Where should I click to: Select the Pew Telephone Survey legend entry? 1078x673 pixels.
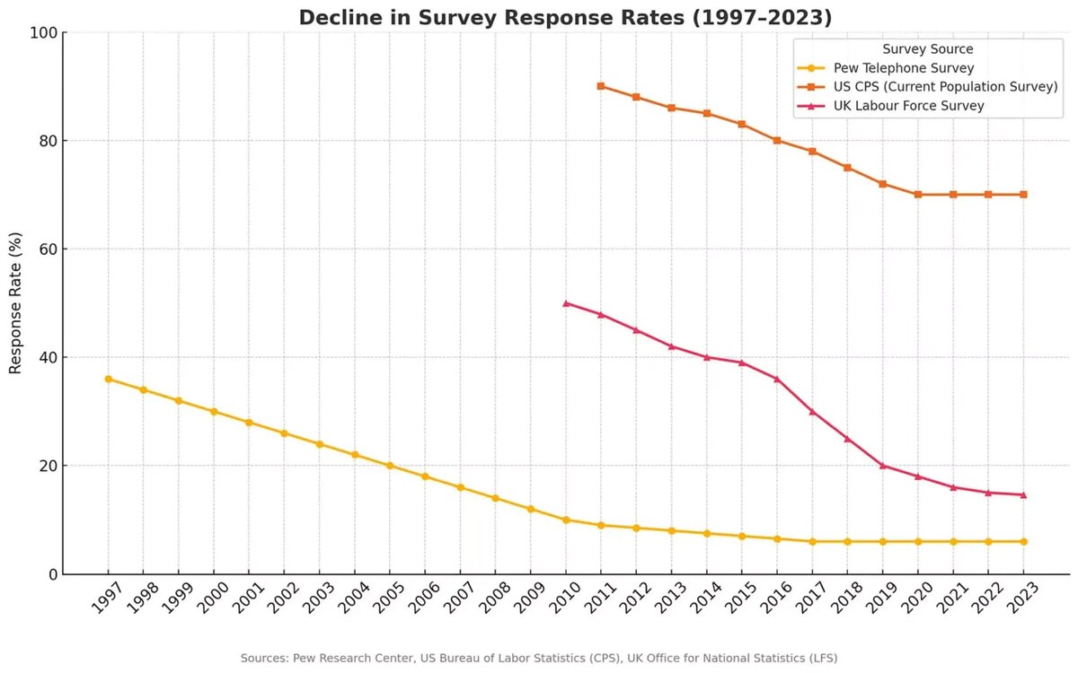pos(891,68)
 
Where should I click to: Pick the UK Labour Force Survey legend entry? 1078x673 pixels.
pos(908,106)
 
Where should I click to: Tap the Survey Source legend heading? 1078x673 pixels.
pos(928,49)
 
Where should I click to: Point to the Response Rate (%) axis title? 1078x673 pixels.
pos(15,302)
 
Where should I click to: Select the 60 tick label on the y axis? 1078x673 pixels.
pos(47,249)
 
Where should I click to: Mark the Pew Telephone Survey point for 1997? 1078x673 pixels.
pos(109,379)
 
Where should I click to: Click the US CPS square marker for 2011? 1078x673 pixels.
pos(601,86)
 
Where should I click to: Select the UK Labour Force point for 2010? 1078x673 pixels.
pos(566,303)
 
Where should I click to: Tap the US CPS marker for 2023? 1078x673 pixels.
pos(1023,195)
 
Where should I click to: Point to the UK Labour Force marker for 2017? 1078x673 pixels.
pos(812,412)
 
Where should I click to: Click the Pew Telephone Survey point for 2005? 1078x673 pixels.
pos(390,466)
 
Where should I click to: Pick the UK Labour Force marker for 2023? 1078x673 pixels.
pos(1023,495)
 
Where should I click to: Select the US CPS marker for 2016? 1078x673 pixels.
pos(777,141)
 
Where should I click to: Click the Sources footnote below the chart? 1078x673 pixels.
pos(538,658)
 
